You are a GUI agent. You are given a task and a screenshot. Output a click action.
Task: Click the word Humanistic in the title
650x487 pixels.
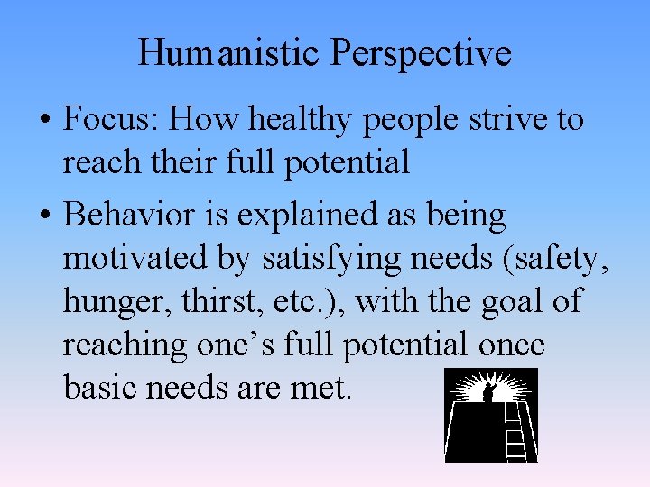click(230, 53)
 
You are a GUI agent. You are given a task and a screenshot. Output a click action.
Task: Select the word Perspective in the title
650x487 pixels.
click(421, 54)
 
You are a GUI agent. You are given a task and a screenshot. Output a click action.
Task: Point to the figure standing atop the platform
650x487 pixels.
click(488, 392)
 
